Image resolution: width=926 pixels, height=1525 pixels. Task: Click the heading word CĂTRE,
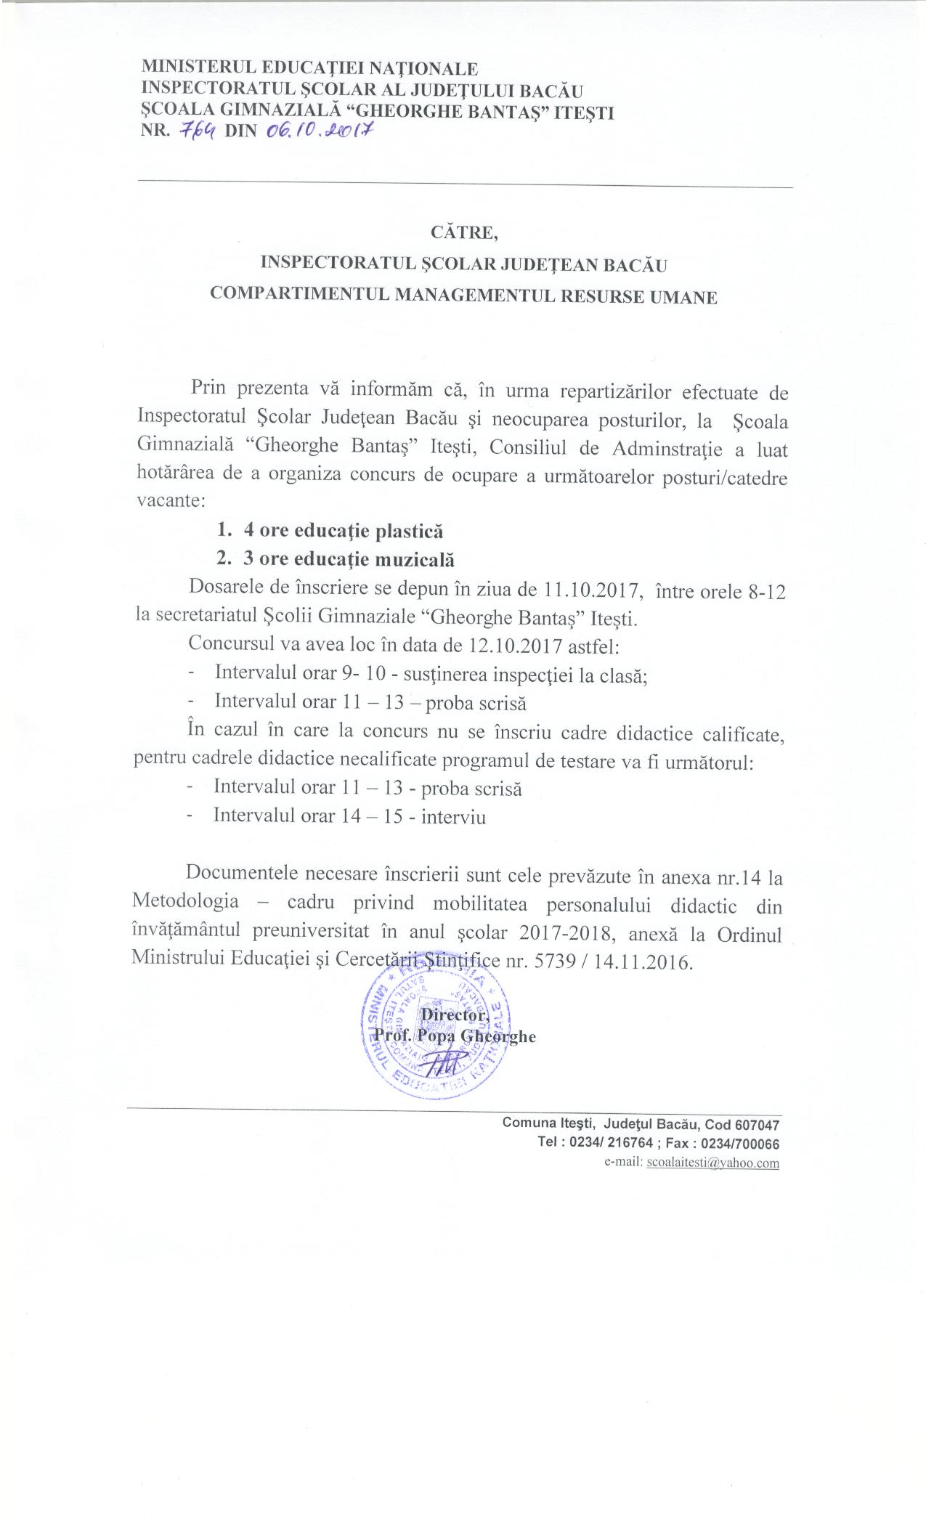463,233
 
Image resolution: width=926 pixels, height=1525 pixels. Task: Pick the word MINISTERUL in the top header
191,69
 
